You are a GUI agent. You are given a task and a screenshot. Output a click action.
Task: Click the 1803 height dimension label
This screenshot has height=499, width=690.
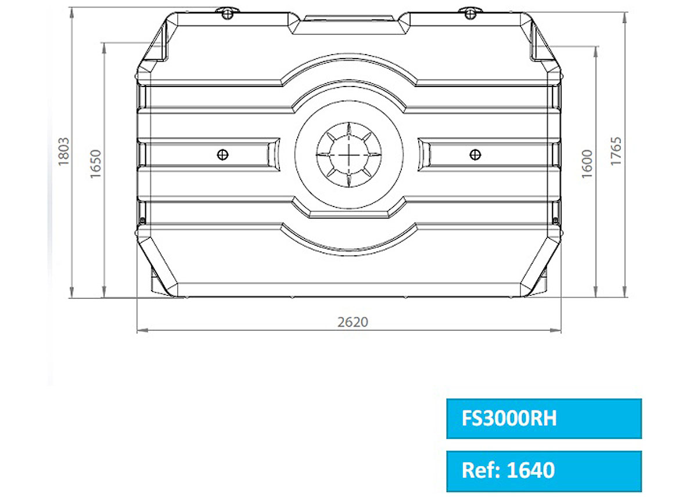(64, 151)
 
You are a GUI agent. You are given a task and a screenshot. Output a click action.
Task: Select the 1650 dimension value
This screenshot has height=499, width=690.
(95, 164)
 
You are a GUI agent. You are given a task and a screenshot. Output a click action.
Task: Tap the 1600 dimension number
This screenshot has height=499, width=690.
(587, 164)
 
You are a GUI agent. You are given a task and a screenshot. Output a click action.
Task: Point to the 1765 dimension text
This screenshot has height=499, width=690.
(616, 151)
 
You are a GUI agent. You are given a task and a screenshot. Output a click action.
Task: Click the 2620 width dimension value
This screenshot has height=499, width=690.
(353, 322)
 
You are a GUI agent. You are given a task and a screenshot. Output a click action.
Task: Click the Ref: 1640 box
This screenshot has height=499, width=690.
(544, 471)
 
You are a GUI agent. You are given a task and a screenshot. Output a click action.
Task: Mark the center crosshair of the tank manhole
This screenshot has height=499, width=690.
(349, 154)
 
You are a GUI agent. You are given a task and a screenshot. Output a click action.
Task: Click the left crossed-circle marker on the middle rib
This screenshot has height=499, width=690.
(222, 155)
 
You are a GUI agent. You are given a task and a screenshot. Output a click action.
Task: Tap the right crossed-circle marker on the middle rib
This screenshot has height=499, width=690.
(475, 155)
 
